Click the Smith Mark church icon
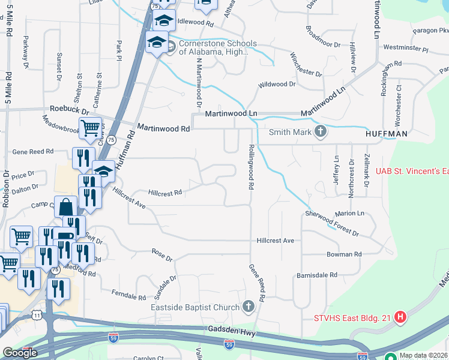321,131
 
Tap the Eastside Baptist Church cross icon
249,307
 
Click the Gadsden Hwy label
228,329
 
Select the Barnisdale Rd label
317,275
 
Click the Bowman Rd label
344,254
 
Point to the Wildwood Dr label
277,85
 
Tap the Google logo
20,353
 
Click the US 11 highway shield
37,314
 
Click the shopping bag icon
65,207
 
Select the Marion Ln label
350,213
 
